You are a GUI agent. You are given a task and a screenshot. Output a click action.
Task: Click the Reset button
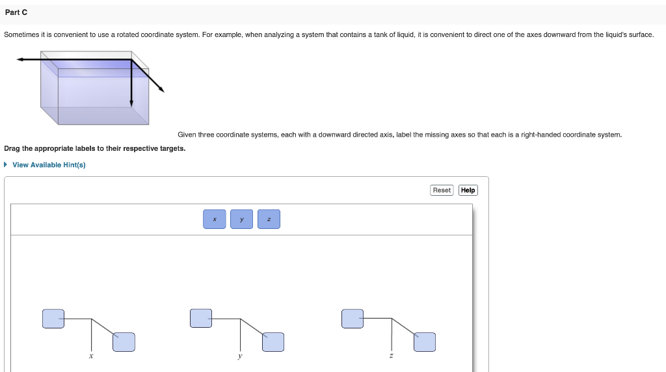click(x=442, y=190)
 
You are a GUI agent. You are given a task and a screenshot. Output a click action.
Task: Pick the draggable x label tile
click(x=215, y=219)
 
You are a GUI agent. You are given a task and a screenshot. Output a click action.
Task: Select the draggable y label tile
click(x=241, y=219)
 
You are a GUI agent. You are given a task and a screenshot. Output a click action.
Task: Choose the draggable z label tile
click(x=269, y=219)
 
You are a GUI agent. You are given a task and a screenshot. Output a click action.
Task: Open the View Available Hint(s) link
click(x=49, y=165)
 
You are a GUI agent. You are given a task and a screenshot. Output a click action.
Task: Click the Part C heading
click(x=16, y=12)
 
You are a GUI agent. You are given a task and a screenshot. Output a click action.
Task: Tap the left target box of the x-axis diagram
click(x=53, y=319)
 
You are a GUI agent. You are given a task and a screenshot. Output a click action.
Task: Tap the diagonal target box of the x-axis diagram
click(x=124, y=342)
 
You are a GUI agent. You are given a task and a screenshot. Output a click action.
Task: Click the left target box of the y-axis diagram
click(x=201, y=318)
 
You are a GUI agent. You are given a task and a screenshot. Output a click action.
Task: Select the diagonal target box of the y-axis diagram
click(x=273, y=342)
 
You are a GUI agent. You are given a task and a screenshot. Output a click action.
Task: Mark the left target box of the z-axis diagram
click(x=353, y=318)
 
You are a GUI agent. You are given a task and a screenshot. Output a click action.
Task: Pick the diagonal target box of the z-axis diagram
click(x=425, y=342)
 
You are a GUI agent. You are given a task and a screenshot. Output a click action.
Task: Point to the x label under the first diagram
click(x=91, y=356)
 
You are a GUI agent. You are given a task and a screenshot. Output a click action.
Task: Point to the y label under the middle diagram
click(x=240, y=356)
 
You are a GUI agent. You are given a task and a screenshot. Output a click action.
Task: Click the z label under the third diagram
click(x=391, y=356)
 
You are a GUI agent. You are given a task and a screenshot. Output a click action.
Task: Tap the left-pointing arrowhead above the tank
click(x=21, y=59)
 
